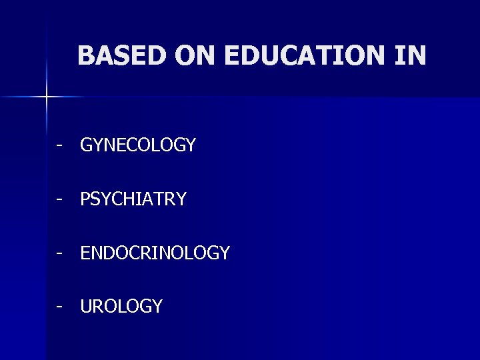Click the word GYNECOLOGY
point(138,145)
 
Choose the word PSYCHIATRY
point(133,199)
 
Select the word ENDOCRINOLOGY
point(155,253)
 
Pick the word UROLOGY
point(121,307)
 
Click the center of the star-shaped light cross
point(47,97)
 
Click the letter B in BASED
point(85,56)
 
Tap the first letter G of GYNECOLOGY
point(87,145)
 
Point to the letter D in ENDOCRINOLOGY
point(109,253)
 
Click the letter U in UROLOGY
point(87,307)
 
